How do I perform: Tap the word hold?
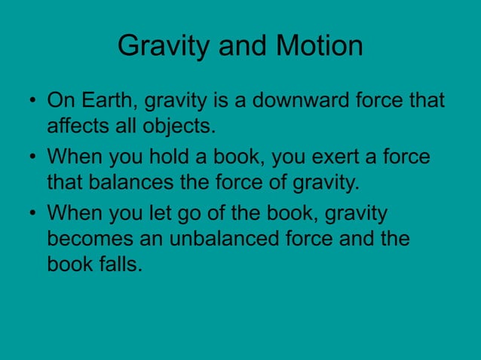click(177, 158)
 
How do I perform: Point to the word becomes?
click(87, 239)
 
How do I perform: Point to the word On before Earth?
click(59, 100)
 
